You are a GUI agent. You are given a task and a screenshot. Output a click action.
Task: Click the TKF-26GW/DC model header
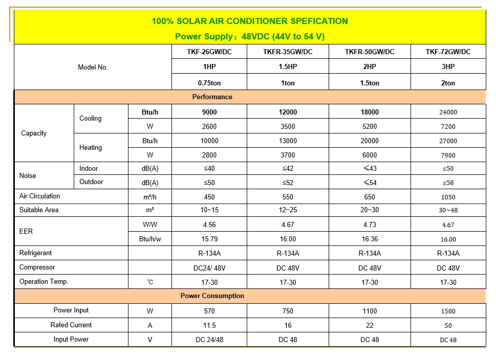point(209,52)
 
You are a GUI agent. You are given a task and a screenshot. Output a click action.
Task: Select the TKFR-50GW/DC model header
point(370,52)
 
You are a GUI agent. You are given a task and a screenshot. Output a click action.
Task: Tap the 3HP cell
point(448,67)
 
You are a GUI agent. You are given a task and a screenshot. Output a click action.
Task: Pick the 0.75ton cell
point(209,83)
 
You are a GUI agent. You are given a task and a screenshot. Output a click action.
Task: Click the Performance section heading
point(212,97)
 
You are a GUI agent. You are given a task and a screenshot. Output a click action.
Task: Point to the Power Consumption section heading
point(212,296)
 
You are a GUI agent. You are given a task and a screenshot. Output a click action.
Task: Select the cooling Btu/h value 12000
point(288,112)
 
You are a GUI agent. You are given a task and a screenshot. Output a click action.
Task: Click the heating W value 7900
point(448,155)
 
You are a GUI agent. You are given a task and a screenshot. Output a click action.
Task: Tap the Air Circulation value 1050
point(448,197)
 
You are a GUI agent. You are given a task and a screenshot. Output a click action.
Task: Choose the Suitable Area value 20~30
point(370,210)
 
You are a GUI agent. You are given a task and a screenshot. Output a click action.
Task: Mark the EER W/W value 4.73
point(370,224)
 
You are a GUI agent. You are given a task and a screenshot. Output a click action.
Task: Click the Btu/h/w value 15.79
point(209,239)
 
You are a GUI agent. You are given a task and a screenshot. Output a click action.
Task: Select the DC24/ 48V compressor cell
point(209,268)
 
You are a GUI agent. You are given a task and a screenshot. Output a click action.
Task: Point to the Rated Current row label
point(71,325)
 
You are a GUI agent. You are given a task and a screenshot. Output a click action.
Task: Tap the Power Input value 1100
point(370,311)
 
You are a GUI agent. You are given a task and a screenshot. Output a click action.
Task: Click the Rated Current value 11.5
point(209,325)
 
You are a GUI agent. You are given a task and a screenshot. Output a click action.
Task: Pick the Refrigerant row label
point(36,253)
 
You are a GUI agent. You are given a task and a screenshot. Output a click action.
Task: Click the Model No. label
point(93,67)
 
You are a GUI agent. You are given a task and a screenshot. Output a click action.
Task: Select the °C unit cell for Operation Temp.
point(150,282)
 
